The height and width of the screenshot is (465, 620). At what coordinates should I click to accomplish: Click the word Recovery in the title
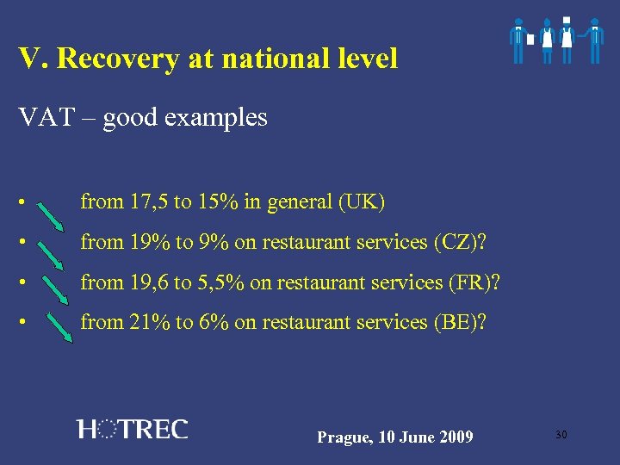tap(130, 59)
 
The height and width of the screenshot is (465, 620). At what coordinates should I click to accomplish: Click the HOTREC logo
tap(132, 429)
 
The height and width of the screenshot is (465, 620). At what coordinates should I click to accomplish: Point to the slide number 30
tap(561, 435)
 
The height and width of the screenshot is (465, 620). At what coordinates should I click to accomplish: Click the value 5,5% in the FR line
tap(214, 282)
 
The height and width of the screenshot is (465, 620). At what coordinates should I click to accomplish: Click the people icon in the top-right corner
tap(555, 40)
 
